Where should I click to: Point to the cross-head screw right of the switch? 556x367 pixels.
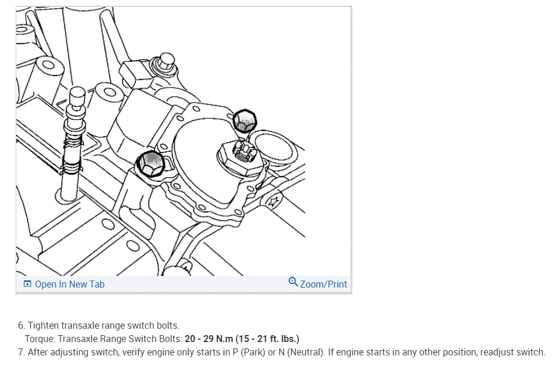(x=272, y=201)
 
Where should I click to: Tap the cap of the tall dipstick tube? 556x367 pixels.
(x=77, y=95)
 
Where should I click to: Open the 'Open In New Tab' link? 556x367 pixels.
(x=70, y=284)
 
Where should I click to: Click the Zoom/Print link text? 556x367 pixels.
(x=323, y=284)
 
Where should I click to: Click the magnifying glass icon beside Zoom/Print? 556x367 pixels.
(x=293, y=282)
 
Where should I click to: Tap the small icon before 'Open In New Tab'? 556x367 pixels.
(x=27, y=284)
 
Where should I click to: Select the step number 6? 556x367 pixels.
(x=21, y=326)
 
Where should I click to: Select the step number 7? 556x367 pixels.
(x=21, y=352)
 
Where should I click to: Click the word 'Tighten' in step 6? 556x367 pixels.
(x=44, y=326)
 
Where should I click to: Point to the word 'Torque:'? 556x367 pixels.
(x=40, y=339)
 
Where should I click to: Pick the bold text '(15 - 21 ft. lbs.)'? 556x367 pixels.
(x=269, y=339)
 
